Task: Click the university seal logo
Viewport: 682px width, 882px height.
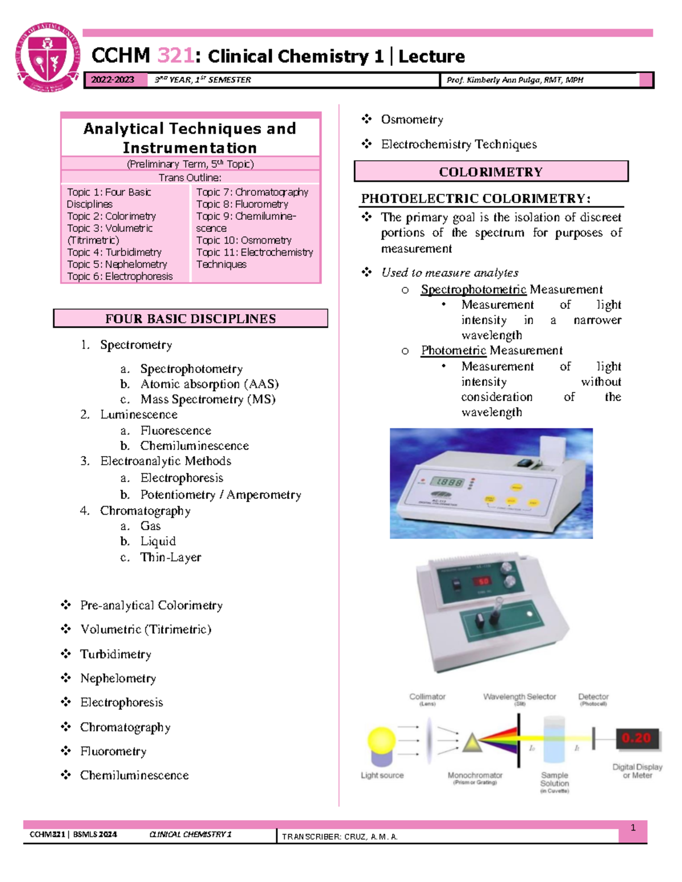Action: point(48,57)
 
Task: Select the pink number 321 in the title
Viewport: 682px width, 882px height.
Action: point(175,56)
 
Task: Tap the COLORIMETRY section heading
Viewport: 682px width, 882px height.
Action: point(490,172)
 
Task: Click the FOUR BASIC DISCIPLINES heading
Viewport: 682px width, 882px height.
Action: point(190,319)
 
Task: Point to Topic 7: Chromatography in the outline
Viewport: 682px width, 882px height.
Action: point(252,193)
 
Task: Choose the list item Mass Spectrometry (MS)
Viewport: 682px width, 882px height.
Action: point(207,399)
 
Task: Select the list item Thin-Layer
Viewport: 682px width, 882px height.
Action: point(170,557)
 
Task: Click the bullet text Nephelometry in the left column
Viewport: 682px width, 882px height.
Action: point(118,678)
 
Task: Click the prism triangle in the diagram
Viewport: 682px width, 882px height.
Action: point(472,743)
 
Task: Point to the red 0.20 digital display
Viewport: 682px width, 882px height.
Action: point(637,738)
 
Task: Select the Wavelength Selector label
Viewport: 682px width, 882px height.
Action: point(519,697)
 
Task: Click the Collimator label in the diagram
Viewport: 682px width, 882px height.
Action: point(427,697)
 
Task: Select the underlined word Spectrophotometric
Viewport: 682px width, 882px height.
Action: point(473,290)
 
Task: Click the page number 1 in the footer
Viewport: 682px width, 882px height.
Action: point(633,828)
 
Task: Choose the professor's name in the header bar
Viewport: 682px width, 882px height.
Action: point(514,80)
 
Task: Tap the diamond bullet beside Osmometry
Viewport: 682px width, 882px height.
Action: point(367,119)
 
